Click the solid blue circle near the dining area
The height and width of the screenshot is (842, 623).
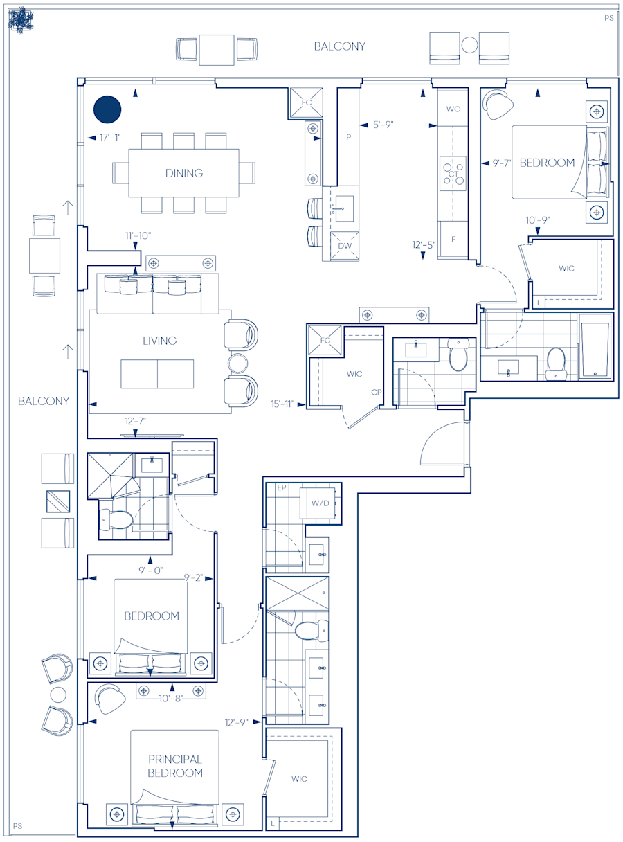coord(107,109)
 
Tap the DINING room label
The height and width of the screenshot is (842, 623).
coord(184,173)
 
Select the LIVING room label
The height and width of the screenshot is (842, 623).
coord(159,341)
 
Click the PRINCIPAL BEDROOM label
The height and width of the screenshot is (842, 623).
coord(174,766)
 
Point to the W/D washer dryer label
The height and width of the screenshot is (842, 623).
coord(320,503)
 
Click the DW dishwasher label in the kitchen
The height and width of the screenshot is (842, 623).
coord(344,246)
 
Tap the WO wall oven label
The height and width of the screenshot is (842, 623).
coord(453,109)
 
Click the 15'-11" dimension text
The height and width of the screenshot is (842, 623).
coord(284,404)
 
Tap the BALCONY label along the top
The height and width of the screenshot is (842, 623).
coord(339,46)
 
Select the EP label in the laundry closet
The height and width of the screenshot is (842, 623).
coord(281,488)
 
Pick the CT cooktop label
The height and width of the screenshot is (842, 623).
coord(453,174)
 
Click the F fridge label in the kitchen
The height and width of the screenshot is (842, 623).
coord(453,239)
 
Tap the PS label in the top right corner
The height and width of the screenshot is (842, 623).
coord(608,18)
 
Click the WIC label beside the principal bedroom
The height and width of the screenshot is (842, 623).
coord(299,779)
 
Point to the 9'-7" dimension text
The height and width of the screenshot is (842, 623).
coord(502,163)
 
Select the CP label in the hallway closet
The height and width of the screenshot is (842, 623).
coord(377,392)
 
